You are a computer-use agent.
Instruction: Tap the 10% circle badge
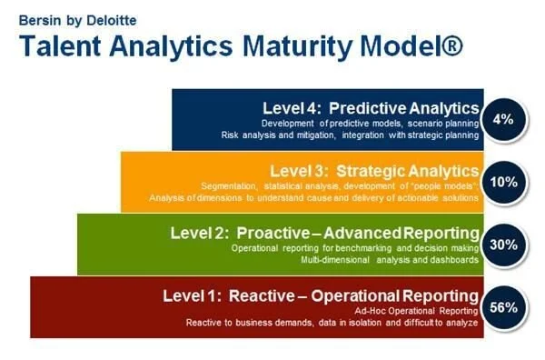[x=503, y=182]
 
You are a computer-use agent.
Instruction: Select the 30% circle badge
[x=503, y=245]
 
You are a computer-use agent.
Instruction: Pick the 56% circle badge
[x=503, y=306]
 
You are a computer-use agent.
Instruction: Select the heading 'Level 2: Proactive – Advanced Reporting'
[x=324, y=233]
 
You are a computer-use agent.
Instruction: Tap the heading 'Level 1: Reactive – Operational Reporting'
[x=320, y=295]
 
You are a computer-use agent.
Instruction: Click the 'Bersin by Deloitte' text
[x=63, y=16]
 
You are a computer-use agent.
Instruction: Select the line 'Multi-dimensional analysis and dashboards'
[x=389, y=260]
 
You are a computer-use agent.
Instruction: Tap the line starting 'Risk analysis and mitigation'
[x=350, y=135]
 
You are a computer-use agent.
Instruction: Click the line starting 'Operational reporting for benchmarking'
[x=365, y=247]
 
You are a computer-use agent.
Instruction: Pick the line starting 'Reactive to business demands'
[x=332, y=323]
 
